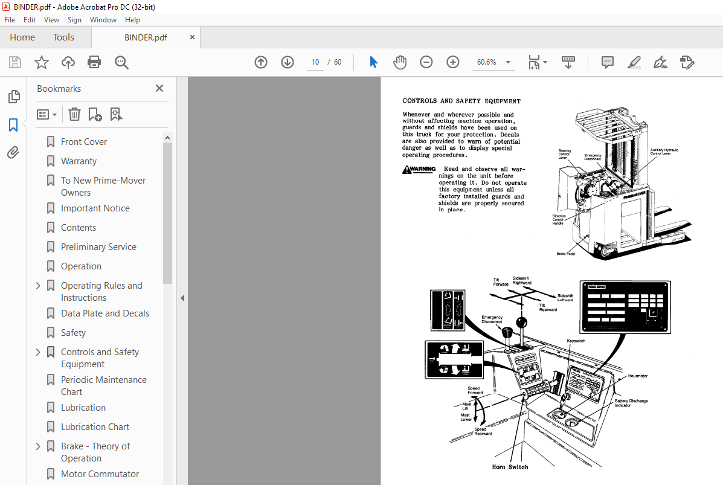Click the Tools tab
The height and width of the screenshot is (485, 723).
tap(63, 37)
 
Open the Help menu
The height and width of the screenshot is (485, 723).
tap(132, 20)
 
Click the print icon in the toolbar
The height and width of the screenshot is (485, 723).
tap(94, 62)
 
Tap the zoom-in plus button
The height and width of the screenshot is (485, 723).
tap(453, 62)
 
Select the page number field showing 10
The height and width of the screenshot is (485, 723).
tap(315, 62)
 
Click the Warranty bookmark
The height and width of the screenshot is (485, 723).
tap(79, 161)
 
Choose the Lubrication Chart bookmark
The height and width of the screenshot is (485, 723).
tap(95, 427)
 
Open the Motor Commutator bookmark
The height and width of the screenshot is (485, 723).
tap(100, 474)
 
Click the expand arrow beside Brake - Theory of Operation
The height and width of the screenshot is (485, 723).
tap(39, 446)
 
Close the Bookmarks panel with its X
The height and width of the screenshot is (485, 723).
tap(159, 88)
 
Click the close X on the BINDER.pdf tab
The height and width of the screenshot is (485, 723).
tap(192, 37)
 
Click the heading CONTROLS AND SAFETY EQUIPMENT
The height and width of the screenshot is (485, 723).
tap(461, 101)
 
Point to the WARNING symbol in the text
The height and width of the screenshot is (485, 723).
tap(419, 170)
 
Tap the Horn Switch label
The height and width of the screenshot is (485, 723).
tap(510, 467)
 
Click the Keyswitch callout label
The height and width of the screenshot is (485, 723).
tap(576, 341)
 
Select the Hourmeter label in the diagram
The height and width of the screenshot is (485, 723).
tap(637, 376)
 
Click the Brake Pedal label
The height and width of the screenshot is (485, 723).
tap(565, 254)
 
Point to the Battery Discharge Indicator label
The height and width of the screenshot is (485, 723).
tap(631, 403)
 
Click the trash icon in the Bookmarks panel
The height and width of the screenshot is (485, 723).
tap(74, 114)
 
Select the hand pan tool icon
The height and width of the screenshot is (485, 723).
tap(400, 62)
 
